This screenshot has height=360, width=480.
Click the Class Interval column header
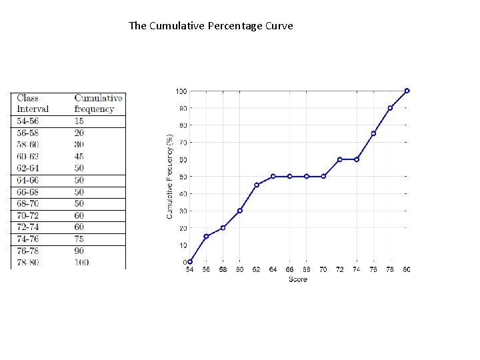[x=33, y=103]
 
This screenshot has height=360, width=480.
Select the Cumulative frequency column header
[x=98, y=103]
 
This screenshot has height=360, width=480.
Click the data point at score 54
[x=190, y=262]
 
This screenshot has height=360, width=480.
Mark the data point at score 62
[x=257, y=185]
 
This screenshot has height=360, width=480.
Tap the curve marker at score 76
[x=373, y=133]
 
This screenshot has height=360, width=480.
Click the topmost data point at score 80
[x=407, y=91]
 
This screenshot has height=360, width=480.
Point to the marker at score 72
[x=340, y=159]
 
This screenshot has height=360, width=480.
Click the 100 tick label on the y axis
[x=181, y=91]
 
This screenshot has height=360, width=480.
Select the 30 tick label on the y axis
[x=182, y=211]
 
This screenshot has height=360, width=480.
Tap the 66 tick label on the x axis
[x=290, y=270]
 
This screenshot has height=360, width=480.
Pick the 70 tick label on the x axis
[x=323, y=270]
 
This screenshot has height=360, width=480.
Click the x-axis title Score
[x=298, y=279]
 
